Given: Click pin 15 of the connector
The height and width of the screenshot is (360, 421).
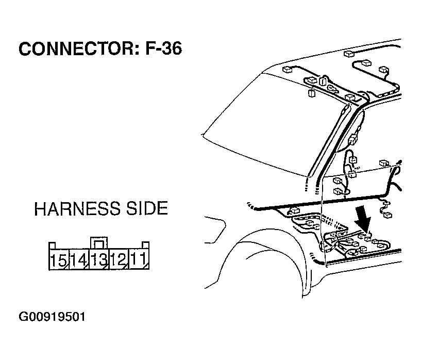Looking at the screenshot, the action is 59,259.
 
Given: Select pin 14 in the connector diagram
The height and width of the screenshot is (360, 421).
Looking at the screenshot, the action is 79,259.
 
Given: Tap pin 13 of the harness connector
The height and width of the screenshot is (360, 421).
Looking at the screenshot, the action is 99,259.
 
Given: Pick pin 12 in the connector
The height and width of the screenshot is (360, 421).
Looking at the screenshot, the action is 119,259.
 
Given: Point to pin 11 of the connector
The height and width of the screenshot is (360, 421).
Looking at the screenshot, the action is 139,259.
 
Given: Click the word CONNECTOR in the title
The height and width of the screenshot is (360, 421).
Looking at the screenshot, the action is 76,48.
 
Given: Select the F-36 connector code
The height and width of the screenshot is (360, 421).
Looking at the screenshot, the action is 163,48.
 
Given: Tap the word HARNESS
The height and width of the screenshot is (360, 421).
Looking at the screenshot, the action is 77,208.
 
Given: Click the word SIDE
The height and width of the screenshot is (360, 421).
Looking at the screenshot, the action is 147,208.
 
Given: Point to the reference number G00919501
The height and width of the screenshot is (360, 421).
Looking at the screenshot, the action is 52,317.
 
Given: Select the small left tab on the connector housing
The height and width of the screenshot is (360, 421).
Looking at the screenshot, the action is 52,246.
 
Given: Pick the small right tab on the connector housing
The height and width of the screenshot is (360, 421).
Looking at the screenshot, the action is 145,245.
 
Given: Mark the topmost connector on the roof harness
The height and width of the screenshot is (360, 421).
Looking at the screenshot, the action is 349,54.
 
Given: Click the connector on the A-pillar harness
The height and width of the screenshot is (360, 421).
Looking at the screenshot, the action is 352,140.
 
